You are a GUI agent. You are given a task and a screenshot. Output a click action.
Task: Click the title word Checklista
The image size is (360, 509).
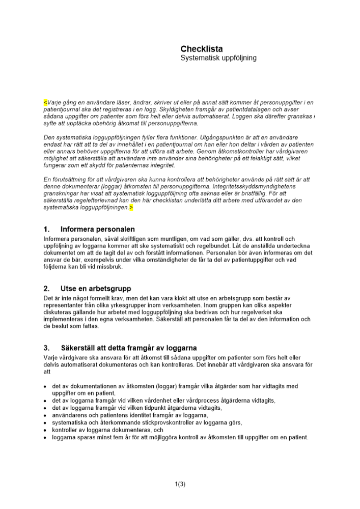(x=201, y=49)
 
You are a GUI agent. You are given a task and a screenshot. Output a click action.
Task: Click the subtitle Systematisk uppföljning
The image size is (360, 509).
(x=218, y=58)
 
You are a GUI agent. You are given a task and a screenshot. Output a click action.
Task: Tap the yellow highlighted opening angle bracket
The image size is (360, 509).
(x=45, y=102)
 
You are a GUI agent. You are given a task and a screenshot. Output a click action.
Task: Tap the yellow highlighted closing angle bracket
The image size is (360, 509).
(x=131, y=208)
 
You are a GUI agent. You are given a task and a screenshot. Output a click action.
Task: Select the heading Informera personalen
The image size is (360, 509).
(x=97, y=229)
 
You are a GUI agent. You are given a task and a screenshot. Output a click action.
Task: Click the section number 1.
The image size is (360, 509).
(x=46, y=229)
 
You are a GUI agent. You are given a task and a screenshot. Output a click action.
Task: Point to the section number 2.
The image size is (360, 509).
(x=46, y=289)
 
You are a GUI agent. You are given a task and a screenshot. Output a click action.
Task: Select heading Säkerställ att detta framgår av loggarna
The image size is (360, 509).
(x=128, y=348)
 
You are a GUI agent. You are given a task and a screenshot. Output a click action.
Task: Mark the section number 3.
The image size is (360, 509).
(x=46, y=348)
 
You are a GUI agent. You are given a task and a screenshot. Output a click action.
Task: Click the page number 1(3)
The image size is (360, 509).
(x=180, y=484)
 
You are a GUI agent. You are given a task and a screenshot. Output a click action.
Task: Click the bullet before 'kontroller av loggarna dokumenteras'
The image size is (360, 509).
(x=46, y=430)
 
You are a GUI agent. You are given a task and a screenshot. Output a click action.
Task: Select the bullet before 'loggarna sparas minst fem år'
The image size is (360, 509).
(x=46, y=437)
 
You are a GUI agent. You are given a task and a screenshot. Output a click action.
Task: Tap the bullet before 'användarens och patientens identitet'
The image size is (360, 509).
(x=46, y=415)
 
